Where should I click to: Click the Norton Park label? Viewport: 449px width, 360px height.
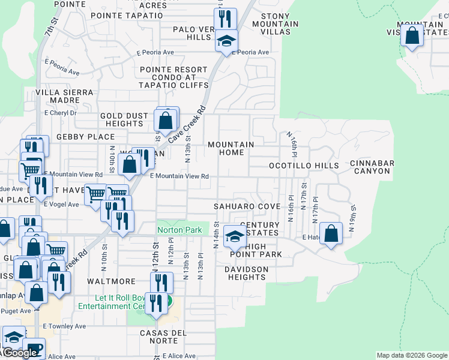pos(179,230)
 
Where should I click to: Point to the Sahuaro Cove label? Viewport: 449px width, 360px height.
pos(247,206)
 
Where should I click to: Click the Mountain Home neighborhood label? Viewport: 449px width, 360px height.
pos(231,148)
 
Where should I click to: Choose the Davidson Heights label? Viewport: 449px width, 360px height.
pos(246,273)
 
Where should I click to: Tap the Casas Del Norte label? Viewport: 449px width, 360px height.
pos(163,337)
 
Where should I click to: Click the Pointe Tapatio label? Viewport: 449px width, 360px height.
pos(127,15)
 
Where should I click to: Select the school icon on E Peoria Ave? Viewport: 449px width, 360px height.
pos(226,41)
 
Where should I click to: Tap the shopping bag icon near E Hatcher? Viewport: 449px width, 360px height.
pos(331,233)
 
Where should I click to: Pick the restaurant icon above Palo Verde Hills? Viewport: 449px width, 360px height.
pos(225,18)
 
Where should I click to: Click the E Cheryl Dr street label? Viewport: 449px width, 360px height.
pos(61,113)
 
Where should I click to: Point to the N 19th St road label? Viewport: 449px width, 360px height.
pos(354,214)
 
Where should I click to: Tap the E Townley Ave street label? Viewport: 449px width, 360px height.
pos(65,327)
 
